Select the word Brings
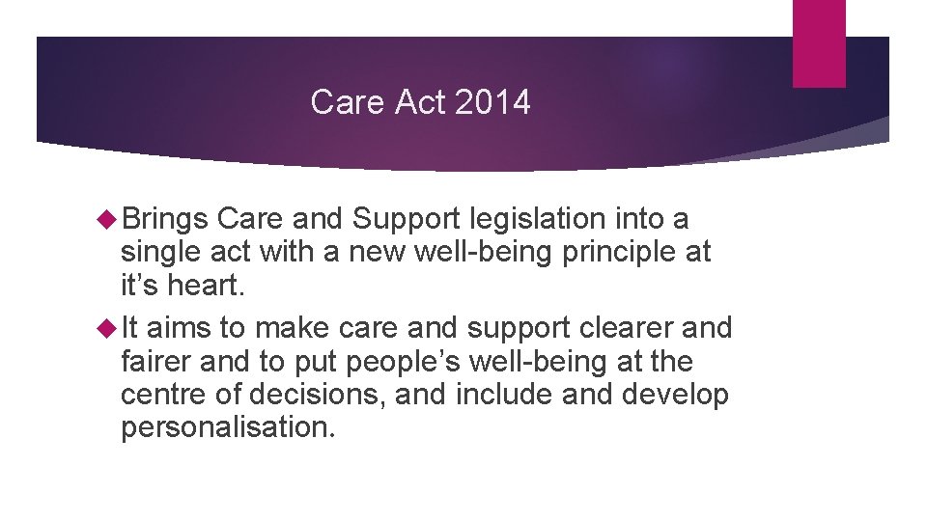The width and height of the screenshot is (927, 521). click(164, 220)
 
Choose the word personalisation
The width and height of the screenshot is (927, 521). click(228, 427)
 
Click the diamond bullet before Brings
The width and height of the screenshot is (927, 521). click(107, 220)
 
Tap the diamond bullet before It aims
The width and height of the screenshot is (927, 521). click(107, 328)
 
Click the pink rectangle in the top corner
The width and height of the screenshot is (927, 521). click(819, 43)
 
